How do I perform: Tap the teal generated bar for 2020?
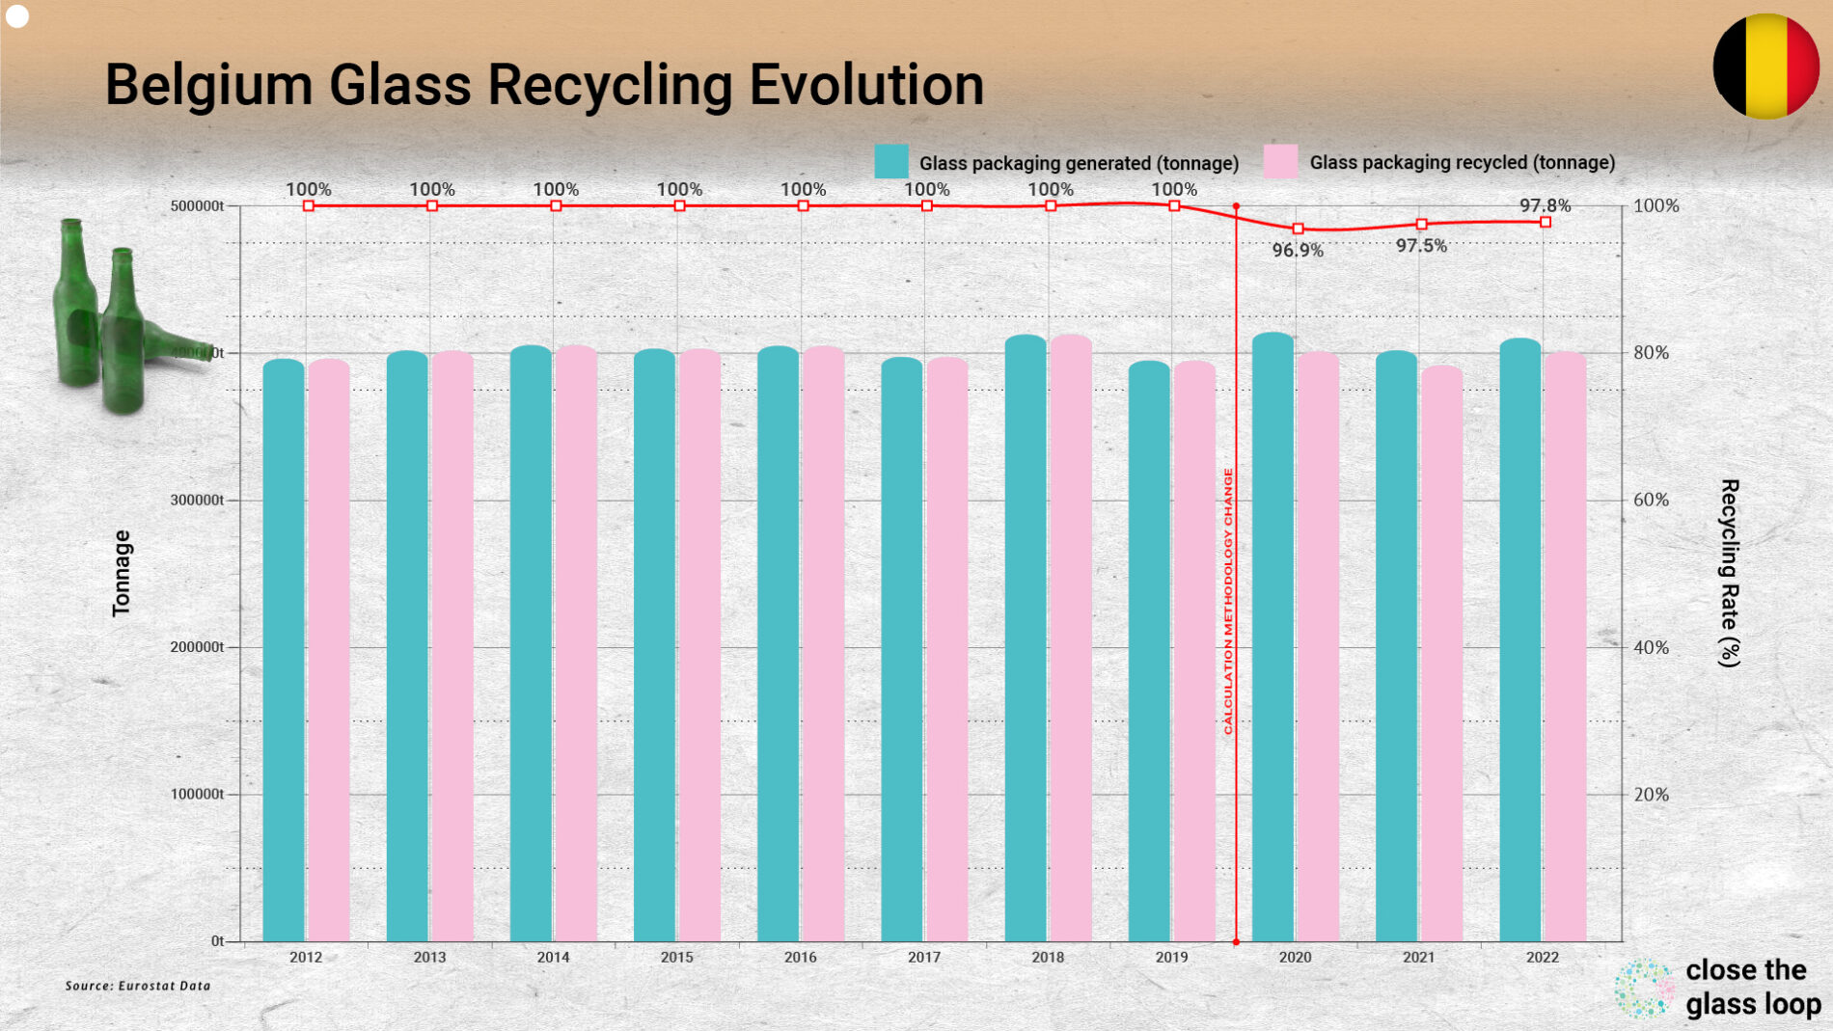pyautogui.click(x=1272, y=637)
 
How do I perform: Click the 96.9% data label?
pyautogui.click(x=1298, y=251)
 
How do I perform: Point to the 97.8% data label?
pyautogui.click(x=1545, y=205)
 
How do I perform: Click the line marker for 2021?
pyautogui.click(x=1421, y=224)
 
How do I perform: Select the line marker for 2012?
pyautogui.click(x=309, y=205)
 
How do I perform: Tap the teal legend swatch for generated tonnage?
pyautogui.click(x=890, y=161)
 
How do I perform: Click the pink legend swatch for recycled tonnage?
pyautogui.click(x=1280, y=161)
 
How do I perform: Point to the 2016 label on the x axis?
pyautogui.click(x=800, y=957)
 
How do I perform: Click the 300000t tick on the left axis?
pyautogui.click(x=197, y=500)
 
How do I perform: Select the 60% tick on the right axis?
pyautogui.click(x=1651, y=500)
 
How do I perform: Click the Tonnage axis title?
pyautogui.click(x=122, y=573)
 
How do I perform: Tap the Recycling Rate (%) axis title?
pyautogui.click(x=1729, y=573)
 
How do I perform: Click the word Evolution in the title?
pyautogui.click(x=866, y=85)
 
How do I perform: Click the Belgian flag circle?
pyautogui.click(x=1765, y=66)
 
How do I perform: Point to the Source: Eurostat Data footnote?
pyautogui.click(x=138, y=986)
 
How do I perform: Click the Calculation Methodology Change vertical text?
pyautogui.click(x=1228, y=601)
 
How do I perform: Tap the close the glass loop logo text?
pyautogui.click(x=1751, y=987)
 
